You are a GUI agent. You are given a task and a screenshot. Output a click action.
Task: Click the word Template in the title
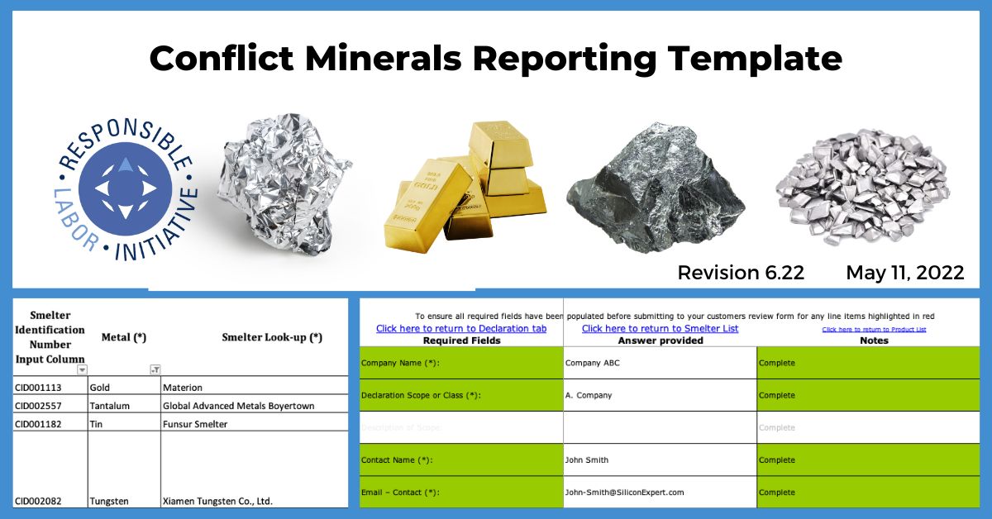(x=756, y=59)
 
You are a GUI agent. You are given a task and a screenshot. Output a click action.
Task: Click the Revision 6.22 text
(x=740, y=273)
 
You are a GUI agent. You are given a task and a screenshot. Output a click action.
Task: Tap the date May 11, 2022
(x=904, y=273)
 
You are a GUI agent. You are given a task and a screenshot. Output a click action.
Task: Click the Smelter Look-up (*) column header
(x=272, y=337)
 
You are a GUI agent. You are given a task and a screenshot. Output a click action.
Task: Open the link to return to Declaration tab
(x=461, y=328)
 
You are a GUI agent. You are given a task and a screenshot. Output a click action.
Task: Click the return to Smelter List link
(x=660, y=328)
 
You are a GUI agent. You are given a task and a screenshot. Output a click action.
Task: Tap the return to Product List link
(x=874, y=329)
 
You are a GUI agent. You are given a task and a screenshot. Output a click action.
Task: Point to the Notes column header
(x=874, y=340)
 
